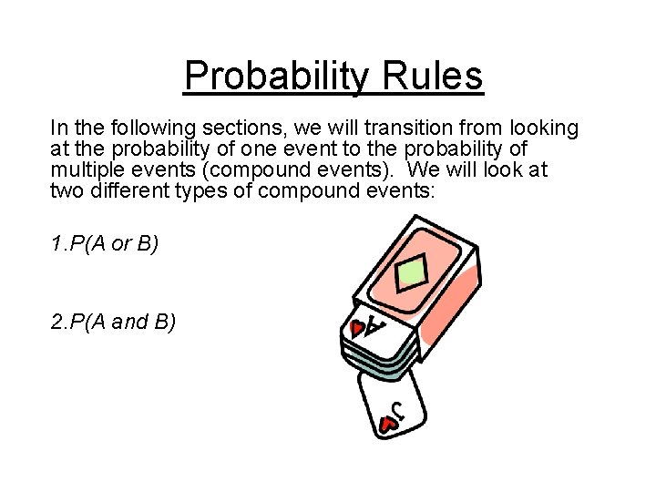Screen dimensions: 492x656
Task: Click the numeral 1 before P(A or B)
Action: pos(56,245)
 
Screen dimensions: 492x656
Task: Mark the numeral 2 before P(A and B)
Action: pos(56,322)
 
